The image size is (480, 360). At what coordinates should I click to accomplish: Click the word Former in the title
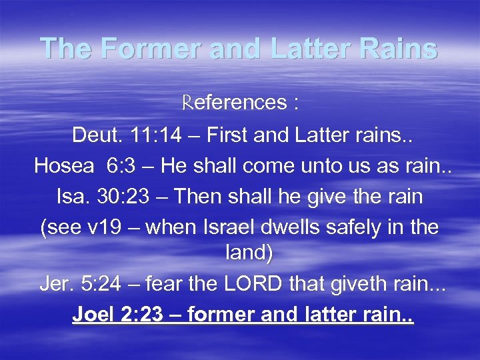[x=136, y=49]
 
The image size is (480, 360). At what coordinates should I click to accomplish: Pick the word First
[x=227, y=137]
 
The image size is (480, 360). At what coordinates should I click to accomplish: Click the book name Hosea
[x=64, y=167]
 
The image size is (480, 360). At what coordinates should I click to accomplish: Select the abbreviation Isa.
[x=71, y=197]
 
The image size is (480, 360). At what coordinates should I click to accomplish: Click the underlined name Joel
[x=93, y=313]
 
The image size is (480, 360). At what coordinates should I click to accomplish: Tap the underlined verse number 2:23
[x=142, y=313]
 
